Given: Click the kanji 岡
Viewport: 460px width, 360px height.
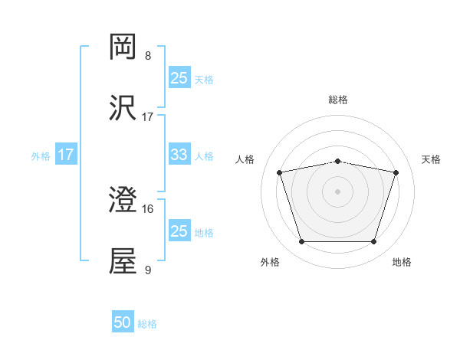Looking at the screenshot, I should pos(123,47).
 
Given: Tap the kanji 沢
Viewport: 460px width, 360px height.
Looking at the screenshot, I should pos(123,109).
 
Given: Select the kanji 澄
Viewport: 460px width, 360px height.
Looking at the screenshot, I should pos(123,201).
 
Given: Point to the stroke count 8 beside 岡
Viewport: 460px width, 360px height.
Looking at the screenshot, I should pos(148,55).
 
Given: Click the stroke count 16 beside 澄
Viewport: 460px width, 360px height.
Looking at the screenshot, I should pos(148,208).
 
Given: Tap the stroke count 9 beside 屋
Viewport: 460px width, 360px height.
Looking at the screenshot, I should pos(148,270).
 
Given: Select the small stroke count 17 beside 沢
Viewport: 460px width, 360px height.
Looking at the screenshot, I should pos(148,116).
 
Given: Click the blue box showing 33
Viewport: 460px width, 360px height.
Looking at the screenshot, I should pos(179,155).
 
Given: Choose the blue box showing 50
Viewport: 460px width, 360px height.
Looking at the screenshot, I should pos(123,322).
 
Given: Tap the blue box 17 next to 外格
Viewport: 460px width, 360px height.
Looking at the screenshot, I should pos(66,155).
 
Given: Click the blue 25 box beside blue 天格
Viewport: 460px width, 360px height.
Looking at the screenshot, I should pos(179,78).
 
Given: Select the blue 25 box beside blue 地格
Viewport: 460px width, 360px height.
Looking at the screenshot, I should pos(179,231).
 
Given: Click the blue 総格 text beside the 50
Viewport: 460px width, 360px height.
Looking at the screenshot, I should pos(147,324).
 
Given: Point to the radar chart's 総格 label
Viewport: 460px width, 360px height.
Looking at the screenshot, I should pos(338,100).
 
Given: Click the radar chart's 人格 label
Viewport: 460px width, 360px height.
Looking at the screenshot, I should pos(246,159).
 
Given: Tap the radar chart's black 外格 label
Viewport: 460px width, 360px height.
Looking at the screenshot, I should pos(270,263).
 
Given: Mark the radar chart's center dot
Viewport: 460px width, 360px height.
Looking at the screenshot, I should pos(338,191).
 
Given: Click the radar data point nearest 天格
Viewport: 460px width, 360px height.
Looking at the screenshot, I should pos(396,172).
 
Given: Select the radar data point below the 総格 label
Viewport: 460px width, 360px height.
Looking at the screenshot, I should pos(338,162).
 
